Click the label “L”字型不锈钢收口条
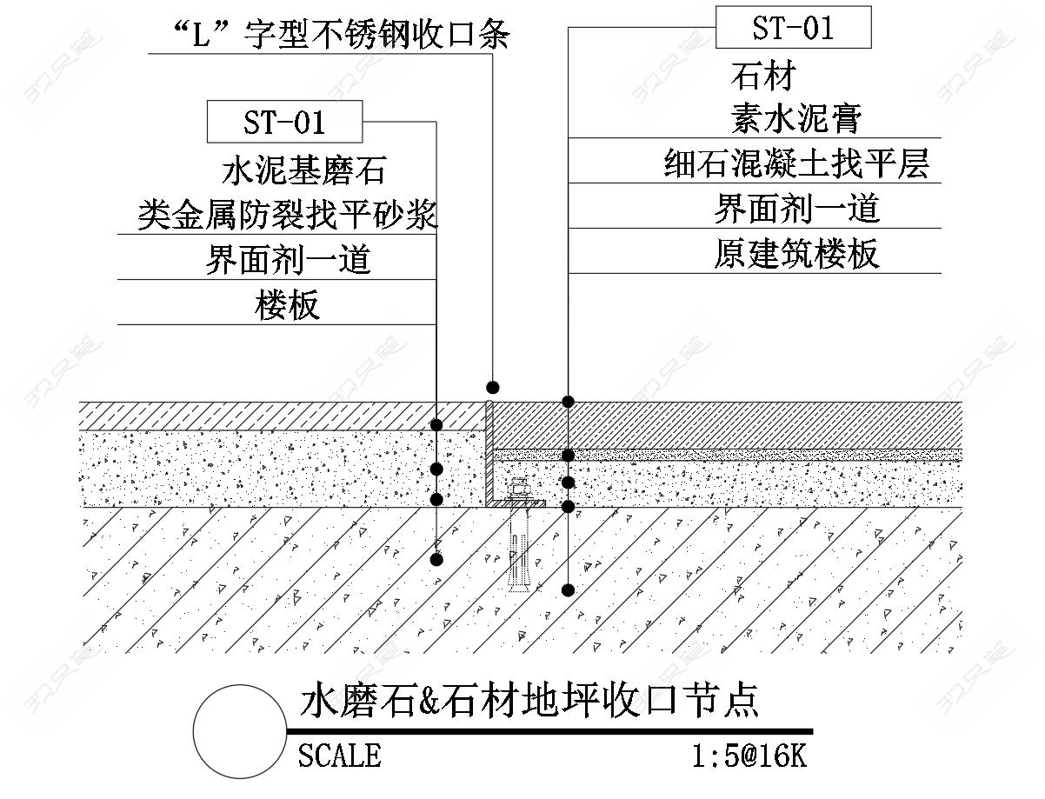click(330, 36)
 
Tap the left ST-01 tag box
click(284, 122)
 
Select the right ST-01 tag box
click(793, 28)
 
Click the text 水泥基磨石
click(303, 170)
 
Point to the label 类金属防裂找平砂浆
click(287, 215)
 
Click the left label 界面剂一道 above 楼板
click(288, 260)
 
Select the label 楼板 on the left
click(288, 305)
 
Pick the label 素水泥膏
click(795, 118)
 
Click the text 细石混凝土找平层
click(796, 163)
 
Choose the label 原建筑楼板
click(796, 254)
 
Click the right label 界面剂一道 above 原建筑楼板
click(796, 209)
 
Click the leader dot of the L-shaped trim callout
click(493, 386)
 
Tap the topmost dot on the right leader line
click(568, 402)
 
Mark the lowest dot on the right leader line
click(568, 590)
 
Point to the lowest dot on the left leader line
click(436, 560)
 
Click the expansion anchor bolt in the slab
click(519, 548)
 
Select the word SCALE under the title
click(339, 755)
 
